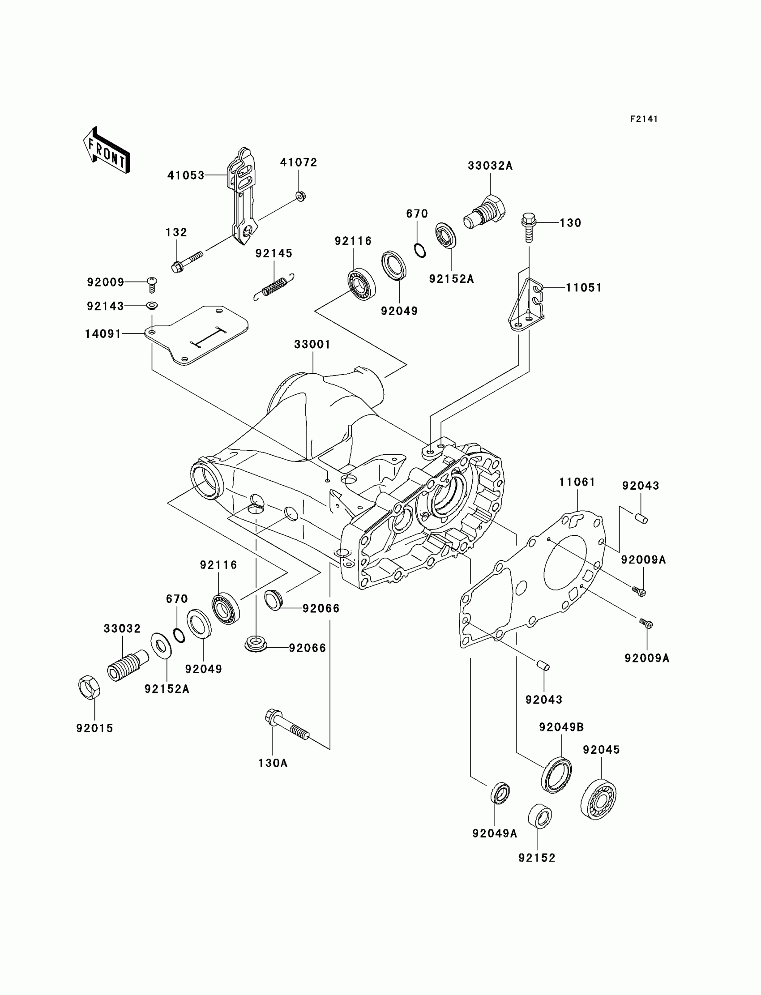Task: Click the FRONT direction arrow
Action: point(107,151)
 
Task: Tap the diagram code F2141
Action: point(644,119)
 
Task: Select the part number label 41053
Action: point(186,175)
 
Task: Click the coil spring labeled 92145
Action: point(274,287)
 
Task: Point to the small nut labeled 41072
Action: point(300,196)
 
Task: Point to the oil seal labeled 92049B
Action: point(556,775)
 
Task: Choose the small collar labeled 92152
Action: point(540,816)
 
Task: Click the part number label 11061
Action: point(577,482)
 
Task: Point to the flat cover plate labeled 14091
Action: point(197,335)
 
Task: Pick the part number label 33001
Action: point(312,344)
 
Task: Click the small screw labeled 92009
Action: point(152,285)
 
